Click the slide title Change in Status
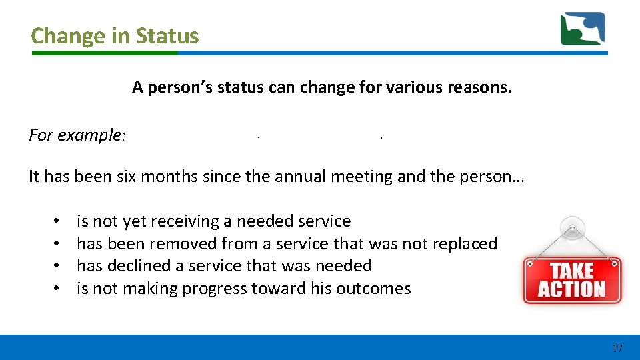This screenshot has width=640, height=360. coord(115,35)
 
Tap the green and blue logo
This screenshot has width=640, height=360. coord(582,29)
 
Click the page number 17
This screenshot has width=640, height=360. coord(617,348)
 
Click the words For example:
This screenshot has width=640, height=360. coord(77,135)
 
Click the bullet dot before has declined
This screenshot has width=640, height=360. coord(58,266)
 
